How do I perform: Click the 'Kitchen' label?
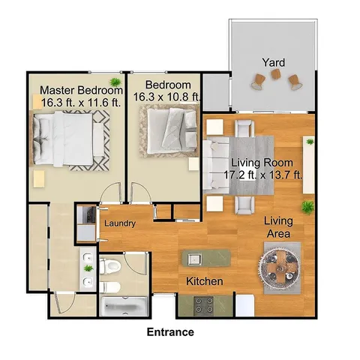pos(205,281)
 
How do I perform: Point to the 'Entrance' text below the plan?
pos(170,331)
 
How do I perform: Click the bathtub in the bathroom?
pos(124,306)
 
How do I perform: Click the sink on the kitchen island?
pos(194,259)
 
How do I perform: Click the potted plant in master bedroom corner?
pos(115,81)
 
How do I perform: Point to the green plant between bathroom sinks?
pos(88,268)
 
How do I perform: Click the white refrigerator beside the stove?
pos(246,304)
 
